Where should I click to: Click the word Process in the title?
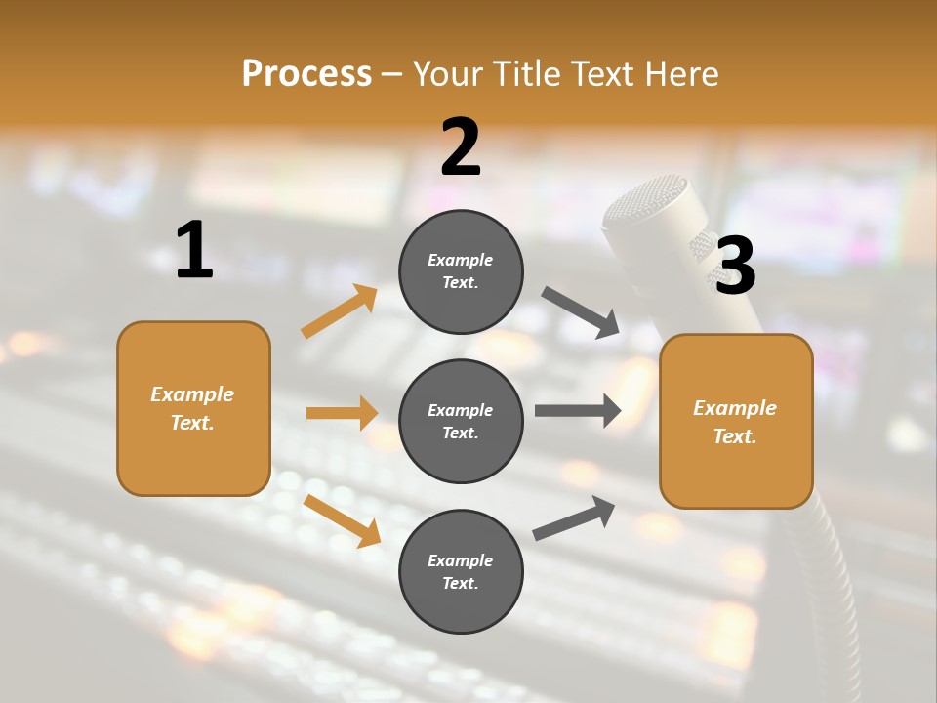306,74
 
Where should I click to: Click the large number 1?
194,250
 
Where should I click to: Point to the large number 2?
461,147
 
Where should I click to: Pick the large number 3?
735,266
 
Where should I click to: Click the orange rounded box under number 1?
193,408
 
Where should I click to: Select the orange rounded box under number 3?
736,421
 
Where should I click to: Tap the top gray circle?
461,271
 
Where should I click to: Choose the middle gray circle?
461,421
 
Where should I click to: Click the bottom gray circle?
461,571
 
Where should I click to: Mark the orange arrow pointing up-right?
339,311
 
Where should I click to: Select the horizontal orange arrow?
342,413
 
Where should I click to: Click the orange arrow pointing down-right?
342,520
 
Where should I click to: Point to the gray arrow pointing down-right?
581,312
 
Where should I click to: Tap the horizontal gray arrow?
578,410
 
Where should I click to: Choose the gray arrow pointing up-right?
574,518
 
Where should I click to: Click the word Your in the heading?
450,74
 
